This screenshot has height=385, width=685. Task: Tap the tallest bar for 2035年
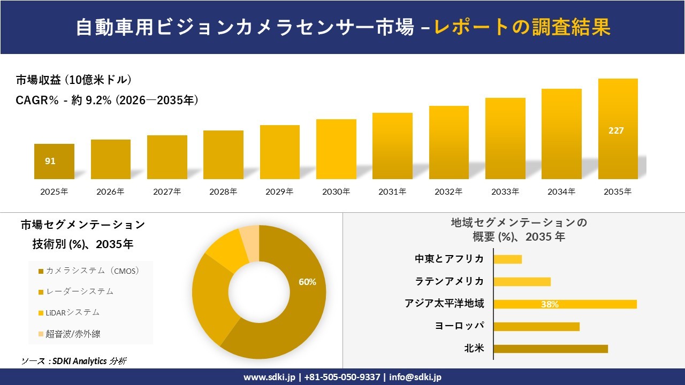pyautogui.click(x=618, y=128)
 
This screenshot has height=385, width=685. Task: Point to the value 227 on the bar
pyautogui.click(x=616, y=130)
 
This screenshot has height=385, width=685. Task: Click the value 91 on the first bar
pyautogui.click(x=50, y=161)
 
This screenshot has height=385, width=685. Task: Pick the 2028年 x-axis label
pyautogui.click(x=223, y=191)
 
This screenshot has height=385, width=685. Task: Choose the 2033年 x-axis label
pyautogui.click(x=505, y=191)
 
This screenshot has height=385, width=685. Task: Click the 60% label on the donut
pyautogui.click(x=307, y=282)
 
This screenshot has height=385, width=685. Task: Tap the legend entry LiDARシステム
pyautogui.click(x=72, y=312)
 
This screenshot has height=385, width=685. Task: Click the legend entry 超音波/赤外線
pyautogui.click(x=73, y=334)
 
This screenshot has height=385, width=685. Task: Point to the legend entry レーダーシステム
pyautogui.click(x=79, y=291)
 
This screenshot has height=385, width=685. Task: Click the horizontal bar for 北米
pyautogui.click(x=550, y=349)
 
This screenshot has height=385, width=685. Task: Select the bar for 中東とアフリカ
pyautogui.click(x=507, y=259)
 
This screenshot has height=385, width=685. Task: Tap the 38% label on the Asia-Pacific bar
pyautogui.click(x=550, y=304)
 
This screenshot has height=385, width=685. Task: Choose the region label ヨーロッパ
pyautogui.click(x=459, y=326)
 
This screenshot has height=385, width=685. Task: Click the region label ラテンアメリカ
pyautogui.click(x=450, y=281)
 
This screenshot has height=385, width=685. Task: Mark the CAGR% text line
pyautogui.click(x=107, y=100)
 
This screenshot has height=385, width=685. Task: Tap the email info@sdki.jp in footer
pyautogui.click(x=415, y=377)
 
